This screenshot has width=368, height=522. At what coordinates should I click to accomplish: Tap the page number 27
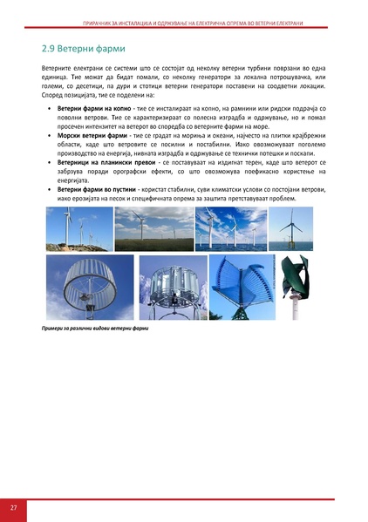click(x=14, y=507)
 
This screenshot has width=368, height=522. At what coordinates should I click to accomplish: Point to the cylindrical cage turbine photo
click(x=89, y=287)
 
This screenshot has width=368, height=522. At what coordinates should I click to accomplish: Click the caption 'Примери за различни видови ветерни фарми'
click(x=95, y=329)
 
